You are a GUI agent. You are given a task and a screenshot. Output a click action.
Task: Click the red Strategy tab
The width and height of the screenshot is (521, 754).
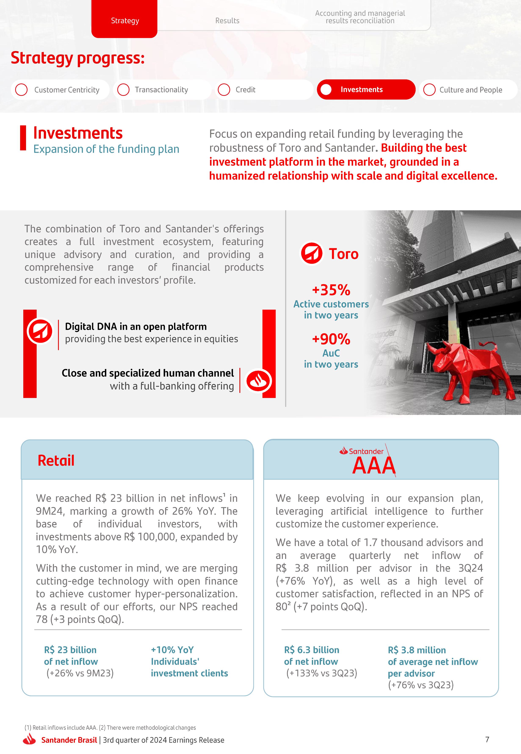[124, 20]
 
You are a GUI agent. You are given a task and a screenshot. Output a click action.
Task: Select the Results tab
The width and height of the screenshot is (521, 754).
[227, 21]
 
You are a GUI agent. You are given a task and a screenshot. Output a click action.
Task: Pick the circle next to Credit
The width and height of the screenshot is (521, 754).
[224, 90]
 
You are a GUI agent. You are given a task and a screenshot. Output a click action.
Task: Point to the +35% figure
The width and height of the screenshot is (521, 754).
[331, 290]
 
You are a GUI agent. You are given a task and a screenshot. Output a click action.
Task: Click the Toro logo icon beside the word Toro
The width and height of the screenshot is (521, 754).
[311, 253]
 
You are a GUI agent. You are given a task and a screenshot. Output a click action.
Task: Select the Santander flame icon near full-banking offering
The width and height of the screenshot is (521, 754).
[258, 381]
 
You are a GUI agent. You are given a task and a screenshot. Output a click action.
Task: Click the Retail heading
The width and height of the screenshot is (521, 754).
[56, 460]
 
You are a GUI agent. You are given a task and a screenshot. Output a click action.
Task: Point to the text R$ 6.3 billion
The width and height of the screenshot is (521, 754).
[311, 650]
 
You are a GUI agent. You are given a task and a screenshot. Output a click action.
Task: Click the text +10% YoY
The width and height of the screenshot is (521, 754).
[172, 650]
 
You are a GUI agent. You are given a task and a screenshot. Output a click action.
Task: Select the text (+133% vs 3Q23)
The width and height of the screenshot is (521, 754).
[322, 673]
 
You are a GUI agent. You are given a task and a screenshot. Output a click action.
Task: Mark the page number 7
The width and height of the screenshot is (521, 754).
[487, 739]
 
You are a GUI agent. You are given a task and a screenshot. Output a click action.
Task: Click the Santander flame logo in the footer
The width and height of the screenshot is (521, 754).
[29, 739]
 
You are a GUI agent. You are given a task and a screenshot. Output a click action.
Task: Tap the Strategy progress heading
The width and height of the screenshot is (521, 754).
[78, 58]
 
